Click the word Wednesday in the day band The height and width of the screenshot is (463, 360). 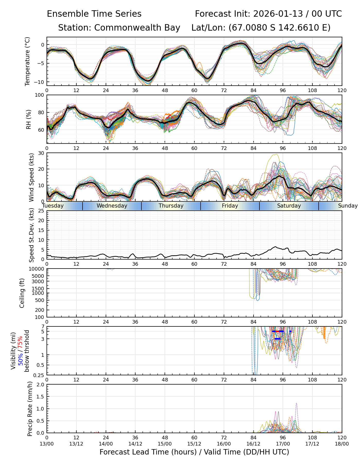point(112,206)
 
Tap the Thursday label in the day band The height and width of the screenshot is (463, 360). point(171,206)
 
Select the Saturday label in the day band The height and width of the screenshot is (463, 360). point(289,206)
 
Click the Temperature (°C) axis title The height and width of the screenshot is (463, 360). point(28,61)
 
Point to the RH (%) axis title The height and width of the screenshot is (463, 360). point(29,119)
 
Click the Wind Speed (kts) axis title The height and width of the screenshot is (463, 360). point(31,177)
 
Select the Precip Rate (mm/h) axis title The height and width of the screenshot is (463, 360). point(30,409)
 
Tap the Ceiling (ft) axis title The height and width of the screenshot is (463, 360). point(22,293)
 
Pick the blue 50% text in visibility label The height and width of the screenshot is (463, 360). point(20,358)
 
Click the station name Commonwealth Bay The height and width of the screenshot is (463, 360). point(137,28)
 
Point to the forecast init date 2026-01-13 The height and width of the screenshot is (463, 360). point(278,14)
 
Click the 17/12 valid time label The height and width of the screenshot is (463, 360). point(312,444)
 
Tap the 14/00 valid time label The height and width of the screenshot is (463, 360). point(106,444)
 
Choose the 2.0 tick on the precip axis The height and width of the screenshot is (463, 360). point(41,385)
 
